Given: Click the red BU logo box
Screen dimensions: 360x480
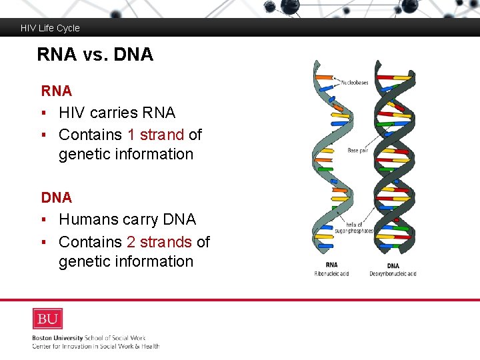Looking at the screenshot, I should coord(47,319).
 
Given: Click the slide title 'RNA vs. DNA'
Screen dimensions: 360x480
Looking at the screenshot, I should coord(95,55).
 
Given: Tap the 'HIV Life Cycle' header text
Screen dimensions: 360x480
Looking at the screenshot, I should coord(50,28).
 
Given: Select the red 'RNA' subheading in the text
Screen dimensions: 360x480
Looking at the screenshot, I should coord(56,90).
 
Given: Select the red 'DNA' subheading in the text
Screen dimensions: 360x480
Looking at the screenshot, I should coord(56,197).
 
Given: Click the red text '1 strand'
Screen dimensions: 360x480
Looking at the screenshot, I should coord(155,135).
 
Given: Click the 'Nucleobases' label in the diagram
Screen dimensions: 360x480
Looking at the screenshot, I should coord(355,83).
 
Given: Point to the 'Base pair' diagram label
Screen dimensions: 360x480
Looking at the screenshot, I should coord(358,151).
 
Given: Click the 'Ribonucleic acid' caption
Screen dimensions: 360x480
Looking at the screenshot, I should coord(331,274).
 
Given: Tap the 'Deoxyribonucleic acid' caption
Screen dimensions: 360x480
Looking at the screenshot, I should coord(393,274).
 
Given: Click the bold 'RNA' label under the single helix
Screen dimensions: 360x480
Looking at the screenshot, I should coord(331,265).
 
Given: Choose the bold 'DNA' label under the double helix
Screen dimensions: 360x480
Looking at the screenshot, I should coord(393,266).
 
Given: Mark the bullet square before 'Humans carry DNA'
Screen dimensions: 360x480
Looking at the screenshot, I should coord(43,220).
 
